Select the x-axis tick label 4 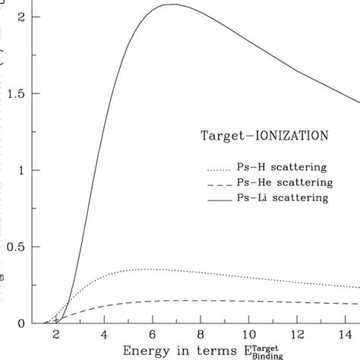tap(104, 334)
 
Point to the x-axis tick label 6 tap(153, 334)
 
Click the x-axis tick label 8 tap(201, 334)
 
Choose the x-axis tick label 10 tap(249, 334)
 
